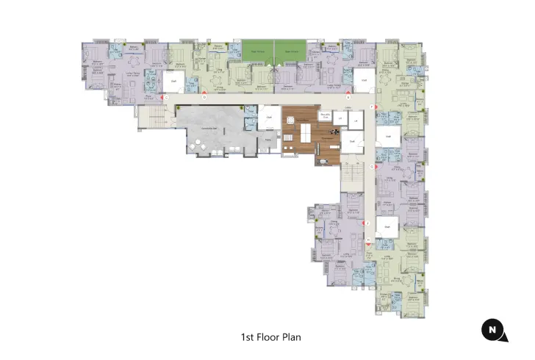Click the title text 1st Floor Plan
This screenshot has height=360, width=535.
tap(271, 337)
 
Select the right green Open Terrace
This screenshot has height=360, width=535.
tap(291, 51)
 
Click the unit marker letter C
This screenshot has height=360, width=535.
tap(167, 97)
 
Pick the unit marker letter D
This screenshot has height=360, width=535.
tap(204, 97)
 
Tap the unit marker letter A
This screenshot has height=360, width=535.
tap(348, 97)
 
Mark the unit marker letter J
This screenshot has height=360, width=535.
tap(367, 222)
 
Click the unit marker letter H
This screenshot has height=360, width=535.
tap(367, 240)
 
